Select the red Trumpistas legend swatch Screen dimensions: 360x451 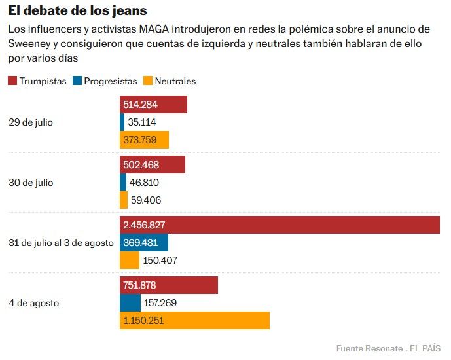(x=12, y=81)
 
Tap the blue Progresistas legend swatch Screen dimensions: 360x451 (x=77, y=81)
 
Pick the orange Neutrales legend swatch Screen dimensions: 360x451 (x=148, y=81)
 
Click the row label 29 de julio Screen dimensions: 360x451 (x=31, y=122)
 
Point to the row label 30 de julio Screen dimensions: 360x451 (x=31, y=183)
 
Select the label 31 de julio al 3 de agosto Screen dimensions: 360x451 (x=61, y=243)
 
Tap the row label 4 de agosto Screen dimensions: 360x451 (x=33, y=303)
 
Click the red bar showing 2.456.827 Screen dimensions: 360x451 (x=280, y=225)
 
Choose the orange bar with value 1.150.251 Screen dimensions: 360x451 (x=194, y=321)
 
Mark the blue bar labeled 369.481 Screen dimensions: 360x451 (x=144, y=243)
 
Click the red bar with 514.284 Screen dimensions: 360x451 (x=153, y=105)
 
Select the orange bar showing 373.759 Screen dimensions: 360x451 (x=144, y=140)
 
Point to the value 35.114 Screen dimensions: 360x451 (x=141, y=122)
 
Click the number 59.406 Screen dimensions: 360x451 (x=146, y=200)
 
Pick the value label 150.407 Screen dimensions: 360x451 (x=160, y=261)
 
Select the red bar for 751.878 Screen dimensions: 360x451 (x=169, y=285)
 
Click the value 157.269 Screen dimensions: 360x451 (x=160, y=303)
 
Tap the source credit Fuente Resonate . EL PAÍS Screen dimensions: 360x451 (x=388, y=348)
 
